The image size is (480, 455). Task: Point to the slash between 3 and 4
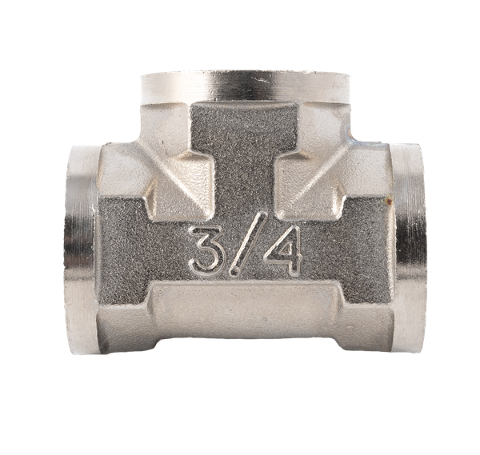[x=246, y=244]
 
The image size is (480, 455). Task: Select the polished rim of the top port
[x=244, y=86]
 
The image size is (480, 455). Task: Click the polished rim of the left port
[x=80, y=249]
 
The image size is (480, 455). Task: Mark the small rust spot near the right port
[x=390, y=201]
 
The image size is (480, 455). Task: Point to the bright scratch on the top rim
[x=259, y=80]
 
